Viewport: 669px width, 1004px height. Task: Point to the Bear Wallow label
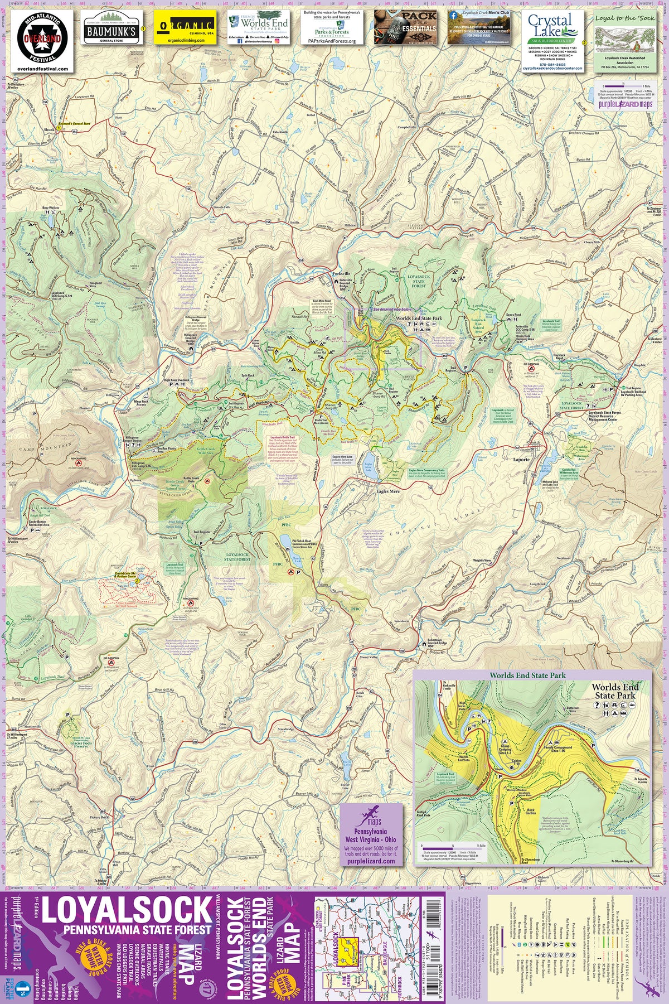click(50, 208)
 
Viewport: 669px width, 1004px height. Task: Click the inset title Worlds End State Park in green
click(527, 675)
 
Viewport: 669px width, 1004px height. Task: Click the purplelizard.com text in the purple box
click(371, 861)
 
